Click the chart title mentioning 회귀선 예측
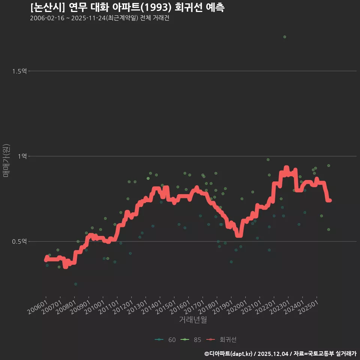(127, 7)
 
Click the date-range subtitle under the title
(99, 18)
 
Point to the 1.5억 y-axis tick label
(19, 71)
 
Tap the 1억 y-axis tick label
(22, 156)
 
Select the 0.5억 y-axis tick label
(19, 241)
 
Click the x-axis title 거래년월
(193, 320)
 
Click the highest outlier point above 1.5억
(285, 37)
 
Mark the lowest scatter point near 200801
(75, 284)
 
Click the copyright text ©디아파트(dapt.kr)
(229, 354)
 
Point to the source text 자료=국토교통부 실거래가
(325, 354)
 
